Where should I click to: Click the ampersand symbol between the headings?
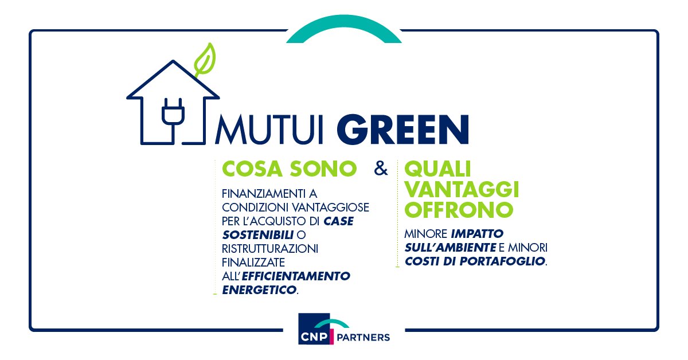[x=380, y=169]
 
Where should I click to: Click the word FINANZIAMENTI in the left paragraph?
[x=260, y=194]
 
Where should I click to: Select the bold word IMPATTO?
[x=477, y=234]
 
